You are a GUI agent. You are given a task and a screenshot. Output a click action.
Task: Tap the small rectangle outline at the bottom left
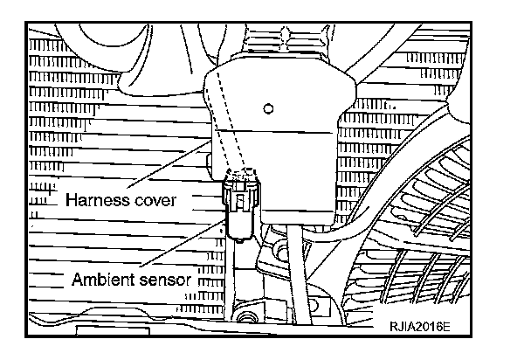pos(96,333)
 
